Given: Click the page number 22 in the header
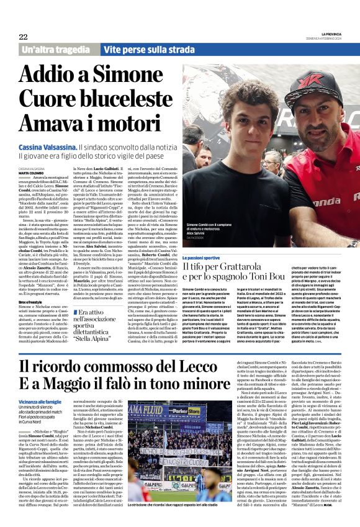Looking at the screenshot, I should [x=23, y=37].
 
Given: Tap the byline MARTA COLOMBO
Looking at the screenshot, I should [x=31, y=173].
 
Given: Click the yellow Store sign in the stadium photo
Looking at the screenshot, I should [x=185, y=410].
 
